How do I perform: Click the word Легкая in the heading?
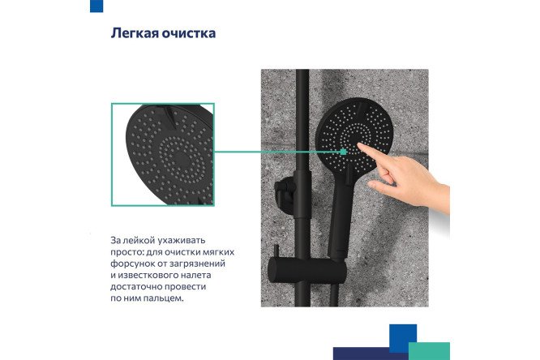tap(135, 34)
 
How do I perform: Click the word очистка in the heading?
tap(190, 34)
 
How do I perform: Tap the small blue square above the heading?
tap(96, 6)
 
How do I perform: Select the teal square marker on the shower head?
tap(343, 150)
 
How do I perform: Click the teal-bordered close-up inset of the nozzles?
tap(162, 154)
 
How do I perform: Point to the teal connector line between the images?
tap(276, 150)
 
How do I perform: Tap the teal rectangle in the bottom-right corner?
tap(429, 350)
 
